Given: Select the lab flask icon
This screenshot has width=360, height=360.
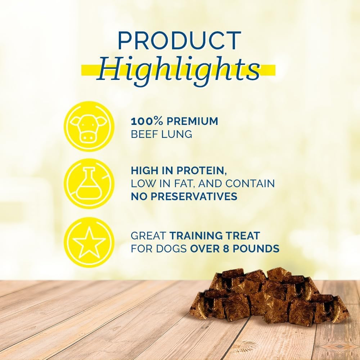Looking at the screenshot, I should tap(89, 184).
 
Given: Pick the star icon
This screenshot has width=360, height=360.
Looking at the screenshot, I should tap(89, 242).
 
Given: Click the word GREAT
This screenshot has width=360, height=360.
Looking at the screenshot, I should tap(148, 236).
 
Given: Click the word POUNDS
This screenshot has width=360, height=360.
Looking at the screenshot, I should tap(258, 249).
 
